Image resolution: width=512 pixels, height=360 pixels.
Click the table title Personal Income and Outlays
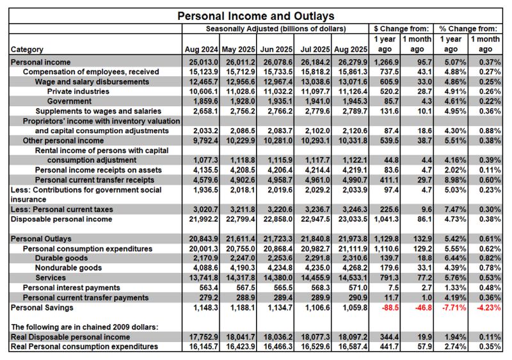(x=255, y=15)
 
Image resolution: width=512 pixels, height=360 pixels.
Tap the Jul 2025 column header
(x=314, y=49)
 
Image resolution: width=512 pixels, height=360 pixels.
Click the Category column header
(x=28, y=49)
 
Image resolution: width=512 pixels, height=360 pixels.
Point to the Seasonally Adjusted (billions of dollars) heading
(x=276, y=29)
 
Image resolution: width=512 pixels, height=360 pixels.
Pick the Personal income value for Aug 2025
(x=351, y=62)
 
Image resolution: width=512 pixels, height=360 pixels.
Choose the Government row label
(x=70, y=100)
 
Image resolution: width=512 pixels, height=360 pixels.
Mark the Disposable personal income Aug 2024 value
(x=201, y=219)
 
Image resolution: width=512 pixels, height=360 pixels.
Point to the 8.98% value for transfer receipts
(x=452, y=180)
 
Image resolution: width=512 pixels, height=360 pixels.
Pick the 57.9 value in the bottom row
(x=418, y=347)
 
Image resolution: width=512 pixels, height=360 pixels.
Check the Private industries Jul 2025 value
(x=314, y=91)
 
